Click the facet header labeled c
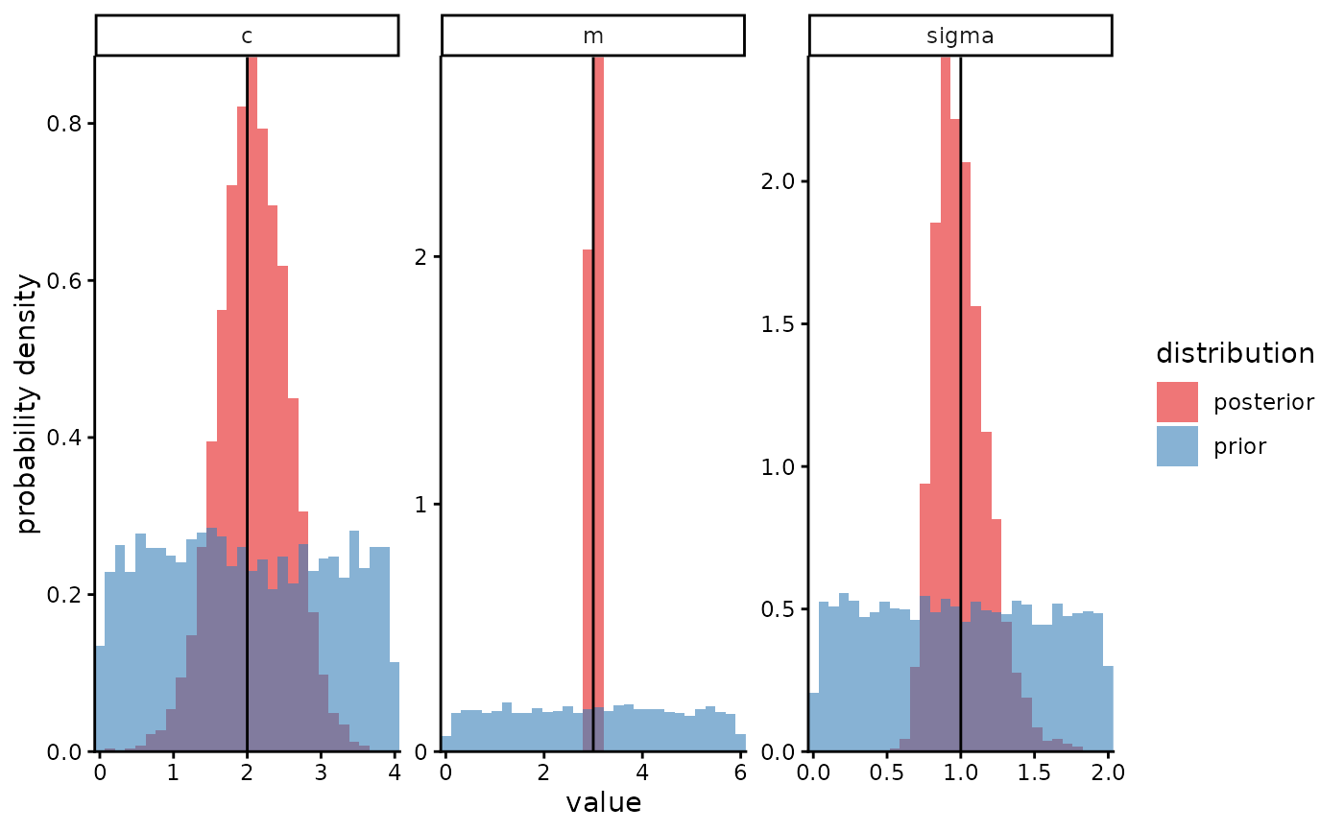(x=247, y=36)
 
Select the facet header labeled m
(x=592, y=36)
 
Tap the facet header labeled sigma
(x=960, y=36)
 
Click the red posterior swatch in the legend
(x=1177, y=402)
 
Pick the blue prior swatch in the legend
(x=1177, y=446)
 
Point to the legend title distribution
(x=1235, y=354)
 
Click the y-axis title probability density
(x=28, y=403)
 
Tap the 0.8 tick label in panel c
(x=65, y=124)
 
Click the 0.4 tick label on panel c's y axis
(x=65, y=438)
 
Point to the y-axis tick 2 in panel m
(x=420, y=257)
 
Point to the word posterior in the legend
(x=1263, y=402)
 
